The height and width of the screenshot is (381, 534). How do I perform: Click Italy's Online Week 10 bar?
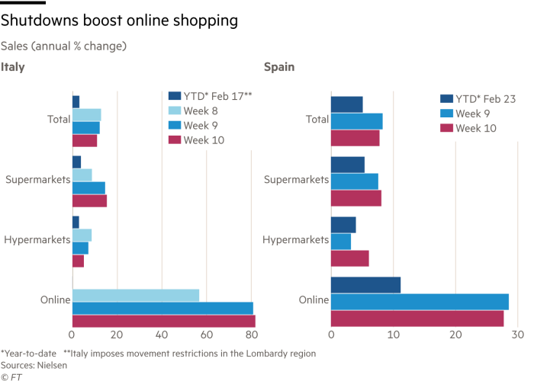163,322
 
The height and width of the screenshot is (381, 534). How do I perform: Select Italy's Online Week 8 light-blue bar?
136,295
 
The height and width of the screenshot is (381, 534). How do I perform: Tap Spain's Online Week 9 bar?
420,302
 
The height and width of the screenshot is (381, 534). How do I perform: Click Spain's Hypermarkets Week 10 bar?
350,258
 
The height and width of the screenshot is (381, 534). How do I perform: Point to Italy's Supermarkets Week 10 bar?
89,201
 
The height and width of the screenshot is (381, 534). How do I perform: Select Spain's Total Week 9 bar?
357,120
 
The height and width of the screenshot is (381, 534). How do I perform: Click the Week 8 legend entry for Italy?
199,110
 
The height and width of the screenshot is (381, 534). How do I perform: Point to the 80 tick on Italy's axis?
251,335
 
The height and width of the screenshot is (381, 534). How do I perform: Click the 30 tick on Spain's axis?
517,335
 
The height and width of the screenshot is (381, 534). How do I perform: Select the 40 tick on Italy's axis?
162,335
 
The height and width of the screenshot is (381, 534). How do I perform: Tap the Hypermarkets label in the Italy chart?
37,240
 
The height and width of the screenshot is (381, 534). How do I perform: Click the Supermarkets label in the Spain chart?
297,180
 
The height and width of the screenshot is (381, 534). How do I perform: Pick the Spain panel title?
279,67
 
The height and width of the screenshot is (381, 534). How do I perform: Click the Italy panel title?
13,67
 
